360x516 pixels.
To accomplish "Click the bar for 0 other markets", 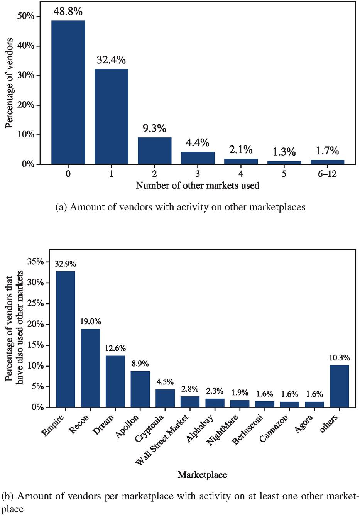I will click(x=68, y=92).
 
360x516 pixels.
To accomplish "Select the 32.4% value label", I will click(x=111, y=60).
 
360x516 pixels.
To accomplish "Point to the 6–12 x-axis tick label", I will click(x=327, y=174).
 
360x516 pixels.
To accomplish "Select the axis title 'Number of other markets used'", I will click(x=198, y=186).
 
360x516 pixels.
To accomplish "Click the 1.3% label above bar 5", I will click(x=284, y=152).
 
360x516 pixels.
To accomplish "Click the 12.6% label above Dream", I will click(x=115, y=348).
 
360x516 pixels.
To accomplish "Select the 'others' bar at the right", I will click(x=339, y=386).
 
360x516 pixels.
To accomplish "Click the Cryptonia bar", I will click(x=165, y=398).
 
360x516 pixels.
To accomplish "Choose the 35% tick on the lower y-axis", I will click(x=35, y=262).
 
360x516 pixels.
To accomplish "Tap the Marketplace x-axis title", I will click(x=202, y=475).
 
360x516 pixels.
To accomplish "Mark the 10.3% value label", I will click(x=339, y=358).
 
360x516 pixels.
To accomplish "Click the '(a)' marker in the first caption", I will click(x=61, y=207).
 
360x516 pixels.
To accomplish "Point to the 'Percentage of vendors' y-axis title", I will click(x=9, y=83).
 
